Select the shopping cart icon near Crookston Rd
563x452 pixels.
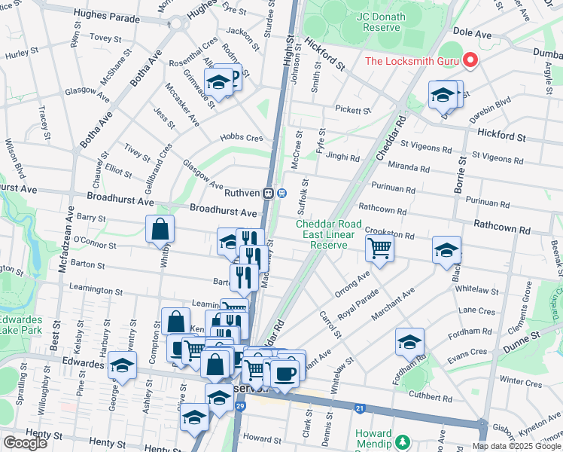(380, 247)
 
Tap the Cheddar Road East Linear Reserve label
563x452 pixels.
(324, 234)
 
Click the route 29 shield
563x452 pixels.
(239, 407)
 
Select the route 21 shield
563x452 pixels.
(361, 409)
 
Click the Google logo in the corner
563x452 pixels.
(24, 442)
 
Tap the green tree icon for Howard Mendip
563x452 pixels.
(403, 441)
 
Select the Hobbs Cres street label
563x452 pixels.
(241, 138)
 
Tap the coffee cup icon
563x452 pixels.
(284, 373)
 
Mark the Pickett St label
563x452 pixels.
(353, 111)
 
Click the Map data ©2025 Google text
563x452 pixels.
(517, 445)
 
